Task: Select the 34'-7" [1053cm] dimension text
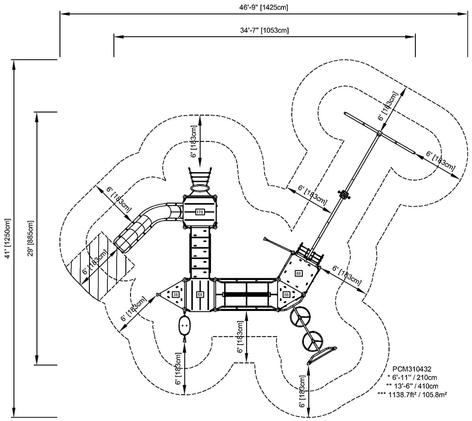[264, 30]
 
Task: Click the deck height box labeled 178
[200, 212]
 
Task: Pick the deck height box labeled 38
[176, 294]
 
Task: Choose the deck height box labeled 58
[200, 294]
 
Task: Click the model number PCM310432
[412, 369]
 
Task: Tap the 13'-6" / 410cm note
[413, 386]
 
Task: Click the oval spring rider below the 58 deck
[185, 326]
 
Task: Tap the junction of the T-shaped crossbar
[379, 134]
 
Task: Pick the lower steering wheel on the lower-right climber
[313, 340]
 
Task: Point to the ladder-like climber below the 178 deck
[200, 253]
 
